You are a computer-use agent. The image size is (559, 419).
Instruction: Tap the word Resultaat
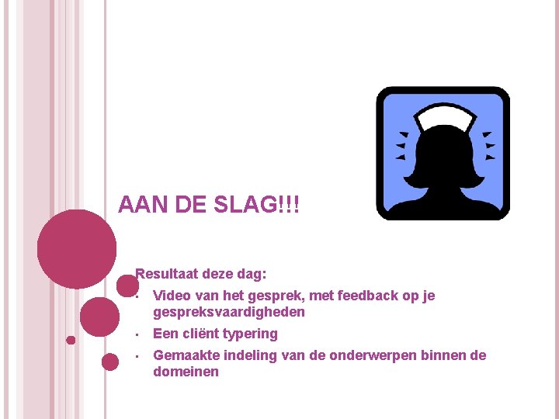coord(168,274)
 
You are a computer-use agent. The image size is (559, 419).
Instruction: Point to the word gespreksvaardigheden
coord(229,312)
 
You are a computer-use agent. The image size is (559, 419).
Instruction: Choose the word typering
coord(250,334)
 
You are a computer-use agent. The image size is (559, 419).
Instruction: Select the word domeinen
coord(186,372)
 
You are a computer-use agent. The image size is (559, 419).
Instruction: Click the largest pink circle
coord(77,249)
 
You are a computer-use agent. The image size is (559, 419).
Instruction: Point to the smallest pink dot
coord(71,340)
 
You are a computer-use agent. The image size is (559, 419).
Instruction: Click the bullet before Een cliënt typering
coord(136,335)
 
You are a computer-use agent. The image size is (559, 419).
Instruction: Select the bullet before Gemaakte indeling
coord(136,357)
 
